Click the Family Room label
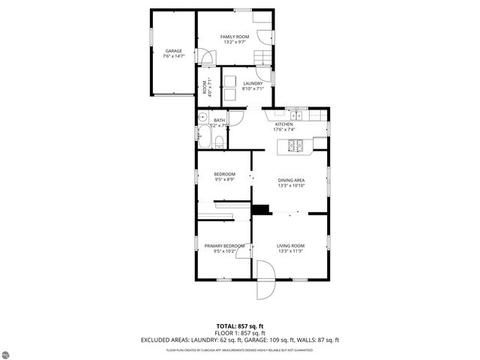point(234,37)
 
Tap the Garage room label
point(173,50)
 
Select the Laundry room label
point(252,83)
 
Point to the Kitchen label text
point(284,124)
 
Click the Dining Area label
point(291,180)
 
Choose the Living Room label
point(290,245)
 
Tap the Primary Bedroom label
point(225,245)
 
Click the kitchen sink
point(298,115)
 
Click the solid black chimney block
point(261,209)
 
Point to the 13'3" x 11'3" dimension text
point(290,251)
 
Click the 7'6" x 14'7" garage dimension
point(173,56)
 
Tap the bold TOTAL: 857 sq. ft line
point(240,326)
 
